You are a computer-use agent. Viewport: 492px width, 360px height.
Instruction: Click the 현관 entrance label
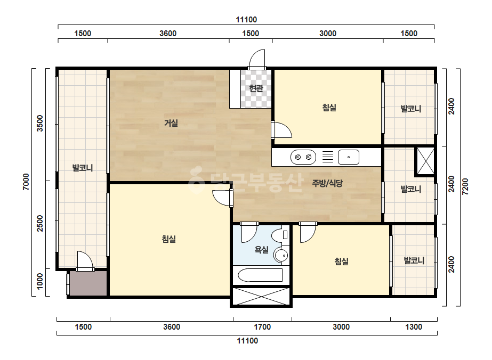(256, 88)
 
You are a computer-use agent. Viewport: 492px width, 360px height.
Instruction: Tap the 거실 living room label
(171, 123)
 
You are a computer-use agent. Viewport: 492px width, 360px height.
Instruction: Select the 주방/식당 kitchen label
(327, 183)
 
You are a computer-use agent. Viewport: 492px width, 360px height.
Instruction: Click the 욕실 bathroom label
(261, 250)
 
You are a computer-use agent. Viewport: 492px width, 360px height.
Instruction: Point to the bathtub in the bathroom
(260, 275)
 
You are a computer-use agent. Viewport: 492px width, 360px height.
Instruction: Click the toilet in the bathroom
(280, 235)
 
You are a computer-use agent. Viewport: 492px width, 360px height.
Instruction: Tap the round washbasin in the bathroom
(281, 256)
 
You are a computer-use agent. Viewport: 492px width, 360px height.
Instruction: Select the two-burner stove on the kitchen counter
(303, 157)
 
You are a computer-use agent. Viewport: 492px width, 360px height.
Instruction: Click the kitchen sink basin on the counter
(348, 157)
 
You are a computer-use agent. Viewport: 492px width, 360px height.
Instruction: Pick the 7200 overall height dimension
(465, 187)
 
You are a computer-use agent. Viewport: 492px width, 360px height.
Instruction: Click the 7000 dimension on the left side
(26, 182)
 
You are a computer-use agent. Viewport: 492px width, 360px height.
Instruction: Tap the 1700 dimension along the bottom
(262, 327)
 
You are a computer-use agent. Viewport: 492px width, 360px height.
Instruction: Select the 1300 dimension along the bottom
(414, 327)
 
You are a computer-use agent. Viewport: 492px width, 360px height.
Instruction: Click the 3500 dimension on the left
(40, 123)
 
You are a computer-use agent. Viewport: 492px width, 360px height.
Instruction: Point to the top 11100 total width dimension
(246, 20)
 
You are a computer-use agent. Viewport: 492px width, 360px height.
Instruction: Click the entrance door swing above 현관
(257, 59)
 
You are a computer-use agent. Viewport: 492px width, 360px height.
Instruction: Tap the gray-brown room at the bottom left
(88, 283)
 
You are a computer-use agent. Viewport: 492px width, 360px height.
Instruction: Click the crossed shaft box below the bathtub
(261, 297)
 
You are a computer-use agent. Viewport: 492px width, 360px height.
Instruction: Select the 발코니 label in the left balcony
(83, 168)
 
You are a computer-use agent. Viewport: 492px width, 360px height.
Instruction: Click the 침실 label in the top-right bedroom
(329, 108)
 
